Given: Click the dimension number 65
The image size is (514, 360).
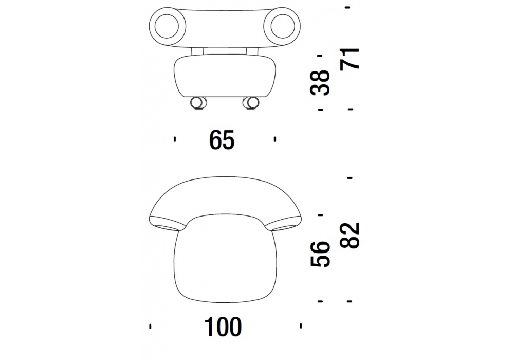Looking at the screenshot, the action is tap(222, 140).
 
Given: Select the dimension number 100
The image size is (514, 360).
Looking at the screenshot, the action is tap(223, 327).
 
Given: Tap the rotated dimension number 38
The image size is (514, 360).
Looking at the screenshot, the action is tap(320, 82).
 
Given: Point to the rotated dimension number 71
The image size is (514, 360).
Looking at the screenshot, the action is tap(350, 58).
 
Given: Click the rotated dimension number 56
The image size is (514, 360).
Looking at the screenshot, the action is tap(320, 254).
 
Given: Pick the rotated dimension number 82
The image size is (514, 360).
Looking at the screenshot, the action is tap(350, 236).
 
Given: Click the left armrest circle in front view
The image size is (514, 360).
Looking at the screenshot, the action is tap(167, 26).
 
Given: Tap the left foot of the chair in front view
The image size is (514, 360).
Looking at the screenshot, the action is tap(198, 103).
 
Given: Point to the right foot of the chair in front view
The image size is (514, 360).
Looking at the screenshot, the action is tap(251, 103).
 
